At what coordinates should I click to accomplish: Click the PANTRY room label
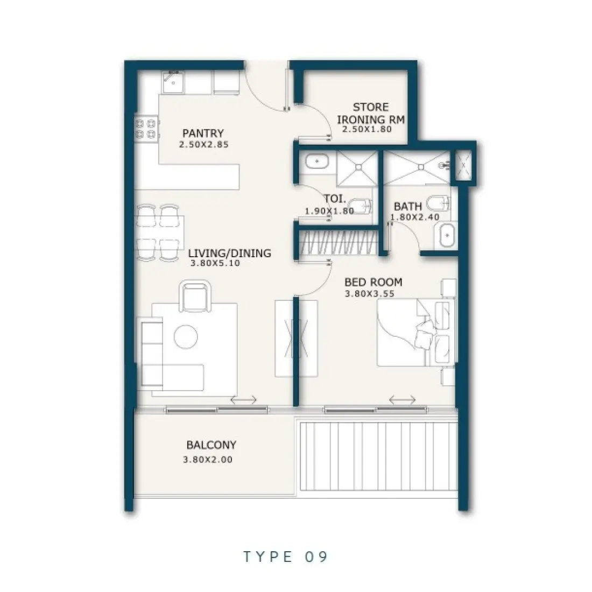203,133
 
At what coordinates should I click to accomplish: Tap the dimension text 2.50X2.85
203,144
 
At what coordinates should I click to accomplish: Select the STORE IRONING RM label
371,113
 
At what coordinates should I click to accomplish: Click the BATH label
407,206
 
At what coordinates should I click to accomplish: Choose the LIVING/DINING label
230,253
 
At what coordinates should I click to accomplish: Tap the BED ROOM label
373,282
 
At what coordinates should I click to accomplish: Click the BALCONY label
211,445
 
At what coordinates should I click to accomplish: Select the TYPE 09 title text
285,556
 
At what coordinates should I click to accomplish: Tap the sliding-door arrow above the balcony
243,400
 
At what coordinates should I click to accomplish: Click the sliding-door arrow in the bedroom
402,399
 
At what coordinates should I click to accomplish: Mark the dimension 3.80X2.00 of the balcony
208,460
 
